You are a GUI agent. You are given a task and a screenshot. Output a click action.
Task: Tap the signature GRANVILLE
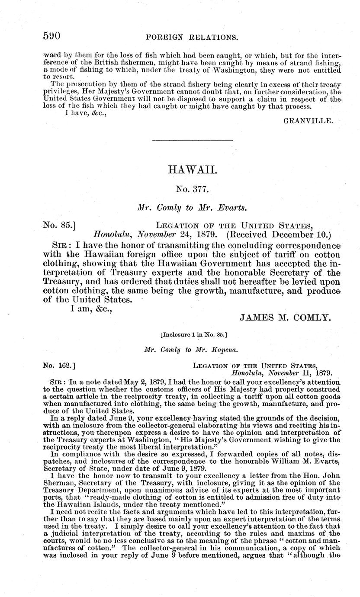308,122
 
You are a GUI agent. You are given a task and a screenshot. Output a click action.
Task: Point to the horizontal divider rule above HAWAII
193,140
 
